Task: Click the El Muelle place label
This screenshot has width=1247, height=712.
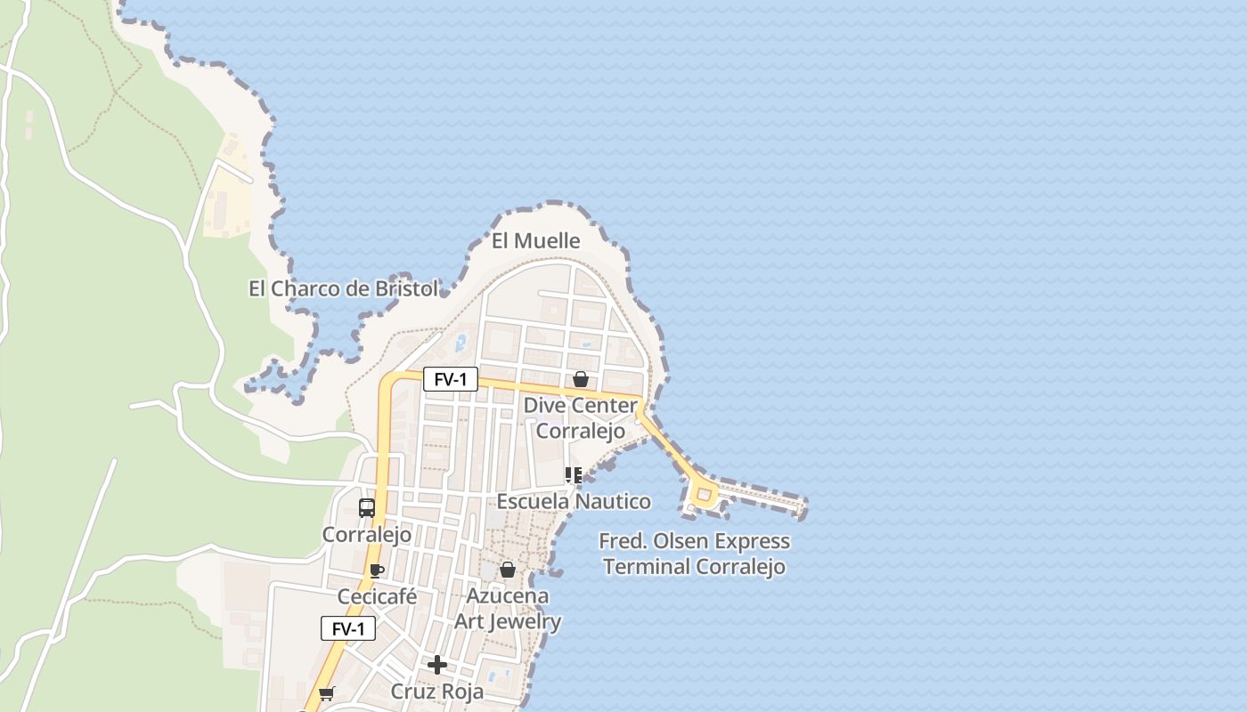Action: click(x=535, y=241)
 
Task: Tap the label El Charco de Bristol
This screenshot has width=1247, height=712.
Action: click(x=343, y=289)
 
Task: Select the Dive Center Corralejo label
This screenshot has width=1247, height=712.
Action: click(x=580, y=418)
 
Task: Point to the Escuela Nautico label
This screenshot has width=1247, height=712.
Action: click(x=573, y=502)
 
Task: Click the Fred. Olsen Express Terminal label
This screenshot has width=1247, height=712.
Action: click(x=694, y=554)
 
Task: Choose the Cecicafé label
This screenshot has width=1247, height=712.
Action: click(x=377, y=596)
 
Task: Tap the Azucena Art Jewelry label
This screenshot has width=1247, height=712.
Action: click(x=508, y=609)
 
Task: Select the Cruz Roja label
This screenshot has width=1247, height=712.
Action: click(x=437, y=692)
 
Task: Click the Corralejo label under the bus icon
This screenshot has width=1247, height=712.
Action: click(x=366, y=535)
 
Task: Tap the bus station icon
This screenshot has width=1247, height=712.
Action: click(x=366, y=508)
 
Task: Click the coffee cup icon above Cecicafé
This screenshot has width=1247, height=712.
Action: click(x=377, y=570)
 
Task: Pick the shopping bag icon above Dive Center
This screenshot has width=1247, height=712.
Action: click(x=581, y=379)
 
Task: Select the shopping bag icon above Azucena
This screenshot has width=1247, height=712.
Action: click(x=508, y=570)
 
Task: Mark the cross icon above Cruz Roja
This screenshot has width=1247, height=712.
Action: click(x=437, y=665)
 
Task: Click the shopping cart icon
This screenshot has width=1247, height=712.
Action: click(x=326, y=693)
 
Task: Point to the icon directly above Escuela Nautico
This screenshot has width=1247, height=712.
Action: click(x=573, y=476)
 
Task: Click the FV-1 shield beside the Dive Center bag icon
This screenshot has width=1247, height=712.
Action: click(x=450, y=380)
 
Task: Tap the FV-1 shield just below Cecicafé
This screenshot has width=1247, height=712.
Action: click(x=348, y=629)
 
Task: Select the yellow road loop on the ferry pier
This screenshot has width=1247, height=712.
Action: click(x=704, y=494)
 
